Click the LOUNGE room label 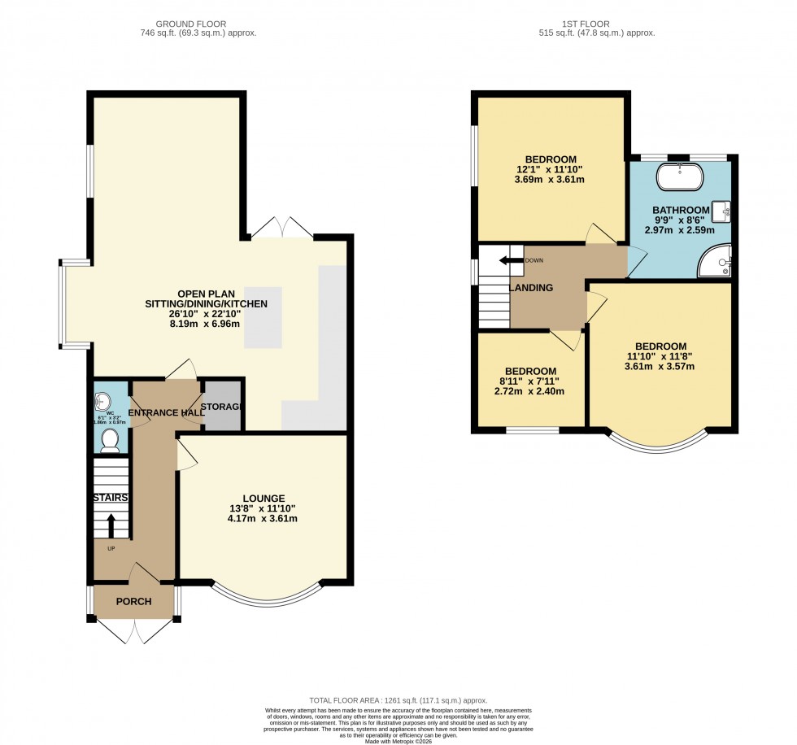coord(263,498)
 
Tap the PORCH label coord(133,603)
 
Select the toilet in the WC coord(110,440)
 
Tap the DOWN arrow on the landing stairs coord(511,260)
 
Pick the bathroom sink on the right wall coord(721,211)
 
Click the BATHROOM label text coord(681,209)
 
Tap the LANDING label coord(531,288)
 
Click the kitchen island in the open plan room coord(263,317)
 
